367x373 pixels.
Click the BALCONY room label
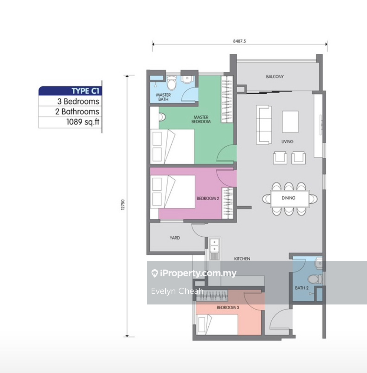(275, 77)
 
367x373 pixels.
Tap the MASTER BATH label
(163, 97)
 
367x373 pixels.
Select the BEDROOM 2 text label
(208, 199)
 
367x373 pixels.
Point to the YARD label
(175, 238)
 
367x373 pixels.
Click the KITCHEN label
(242, 259)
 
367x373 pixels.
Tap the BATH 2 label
(301, 288)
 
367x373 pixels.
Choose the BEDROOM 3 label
(228, 307)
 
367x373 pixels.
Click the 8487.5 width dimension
(239, 41)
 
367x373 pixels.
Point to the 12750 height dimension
(123, 204)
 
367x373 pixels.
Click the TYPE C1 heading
(85, 91)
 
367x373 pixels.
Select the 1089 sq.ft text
(83, 122)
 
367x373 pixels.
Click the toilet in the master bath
(172, 83)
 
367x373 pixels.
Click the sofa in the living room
(264, 125)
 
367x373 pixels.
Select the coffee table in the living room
(290, 121)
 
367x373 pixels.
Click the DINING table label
(288, 198)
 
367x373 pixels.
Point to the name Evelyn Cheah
(177, 291)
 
